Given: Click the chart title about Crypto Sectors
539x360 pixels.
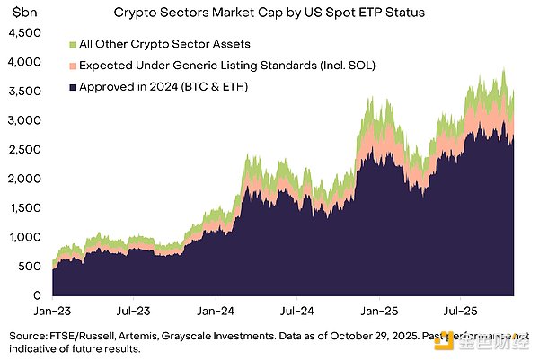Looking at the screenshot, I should tap(269, 13).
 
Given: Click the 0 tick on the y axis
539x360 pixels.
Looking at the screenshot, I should tap(36, 295).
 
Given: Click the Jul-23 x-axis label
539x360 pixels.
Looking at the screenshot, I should tap(133, 315).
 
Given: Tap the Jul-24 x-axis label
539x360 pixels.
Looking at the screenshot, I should tap(296, 315).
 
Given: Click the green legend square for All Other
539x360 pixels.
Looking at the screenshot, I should tap(72, 42).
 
